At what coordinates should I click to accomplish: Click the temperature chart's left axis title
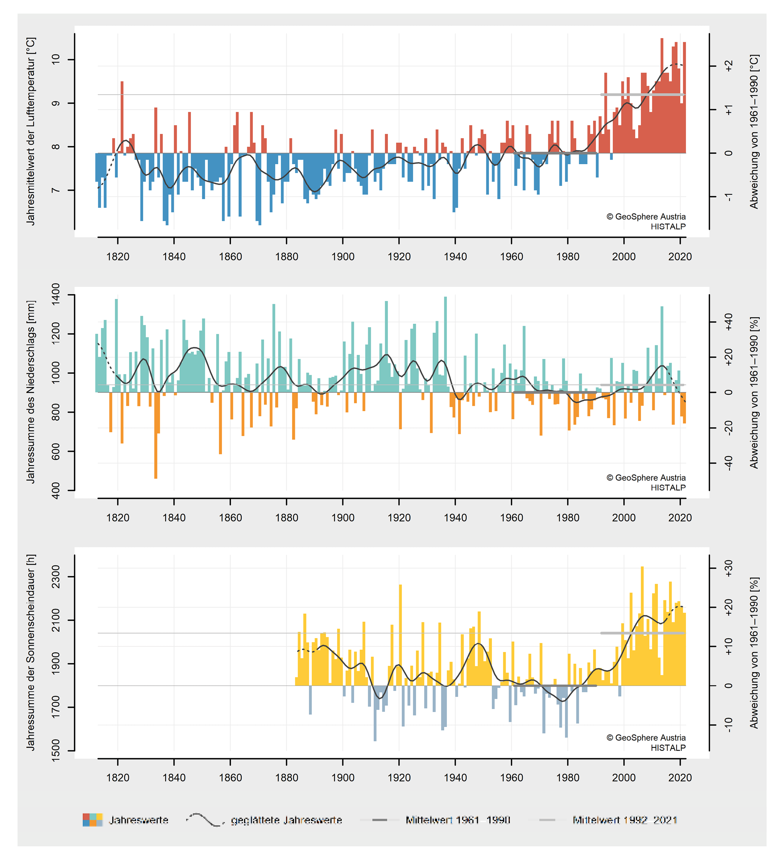pyautogui.click(x=31, y=131)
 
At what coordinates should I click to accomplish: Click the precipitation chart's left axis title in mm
pyautogui.click(x=31, y=392)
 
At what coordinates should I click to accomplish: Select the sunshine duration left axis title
pyautogui.click(x=31, y=652)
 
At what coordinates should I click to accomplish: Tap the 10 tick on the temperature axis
pyautogui.click(x=56, y=59)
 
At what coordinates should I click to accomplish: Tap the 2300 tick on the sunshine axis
pyautogui.click(x=56, y=577)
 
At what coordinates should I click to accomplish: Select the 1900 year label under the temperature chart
pyautogui.click(x=342, y=257)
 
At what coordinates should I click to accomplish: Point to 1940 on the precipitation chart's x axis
pyautogui.click(x=455, y=518)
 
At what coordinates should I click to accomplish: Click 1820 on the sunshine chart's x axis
pyautogui.click(x=117, y=778)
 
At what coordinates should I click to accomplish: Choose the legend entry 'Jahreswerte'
pyautogui.click(x=138, y=820)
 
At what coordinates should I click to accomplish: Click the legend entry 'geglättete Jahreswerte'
pyautogui.click(x=286, y=820)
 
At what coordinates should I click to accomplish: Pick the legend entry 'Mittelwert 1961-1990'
pyautogui.click(x=458, y=820)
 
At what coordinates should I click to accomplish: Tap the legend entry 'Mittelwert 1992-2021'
pyautogui.click(x=625, y=820)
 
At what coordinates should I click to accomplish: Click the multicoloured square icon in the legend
pyautogui.click(x=92, y=820)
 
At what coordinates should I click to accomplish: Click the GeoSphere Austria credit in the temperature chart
pyautogui.click(x=646, y=216)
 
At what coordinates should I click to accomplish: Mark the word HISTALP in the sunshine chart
pyautogui.click(x=668, y=748)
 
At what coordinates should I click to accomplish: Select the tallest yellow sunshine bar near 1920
pyautogui.click(x=401, y=635)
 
